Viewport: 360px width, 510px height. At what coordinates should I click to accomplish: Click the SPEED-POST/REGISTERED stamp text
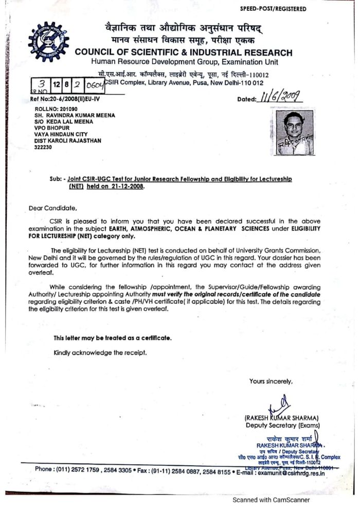pos(273,9)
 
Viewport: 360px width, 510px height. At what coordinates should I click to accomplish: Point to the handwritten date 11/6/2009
pos(280,97)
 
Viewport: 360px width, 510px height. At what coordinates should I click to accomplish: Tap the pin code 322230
pos(43,147)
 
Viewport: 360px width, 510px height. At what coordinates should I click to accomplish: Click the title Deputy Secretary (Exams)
pos(282,425)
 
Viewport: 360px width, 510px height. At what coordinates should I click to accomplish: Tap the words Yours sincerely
pos(271,381)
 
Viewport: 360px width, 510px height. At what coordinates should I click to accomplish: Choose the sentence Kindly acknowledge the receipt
pos(100,353)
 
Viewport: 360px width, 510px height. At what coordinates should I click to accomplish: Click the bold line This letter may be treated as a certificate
pos(113,338)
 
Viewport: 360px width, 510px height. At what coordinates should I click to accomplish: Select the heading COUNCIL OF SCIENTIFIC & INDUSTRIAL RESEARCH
pos(184,52)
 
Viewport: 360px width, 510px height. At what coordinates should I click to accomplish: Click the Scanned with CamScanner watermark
pos(271,499)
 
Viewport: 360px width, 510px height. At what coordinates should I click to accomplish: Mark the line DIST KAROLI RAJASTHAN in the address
pos(67,140)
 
